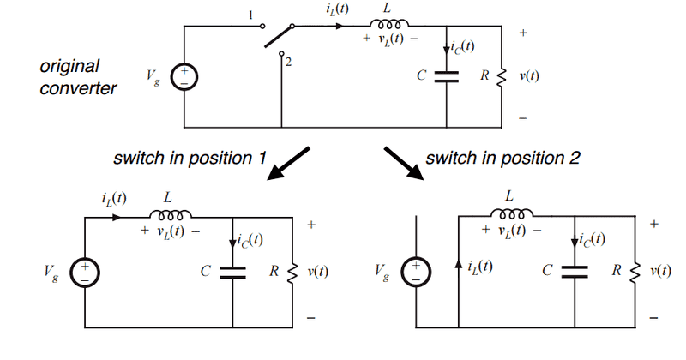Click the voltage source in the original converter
pos(184,76)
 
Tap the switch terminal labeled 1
pos(260,25)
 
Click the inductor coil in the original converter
pos(378,26)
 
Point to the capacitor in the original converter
pos(448,75)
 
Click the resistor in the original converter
pos(502,75)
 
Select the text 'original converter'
pos(78,77)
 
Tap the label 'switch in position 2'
pos(503,158)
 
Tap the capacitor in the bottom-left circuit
pos(233,272)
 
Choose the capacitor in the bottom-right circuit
pos(575,272)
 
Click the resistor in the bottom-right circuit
pos(635,272)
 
